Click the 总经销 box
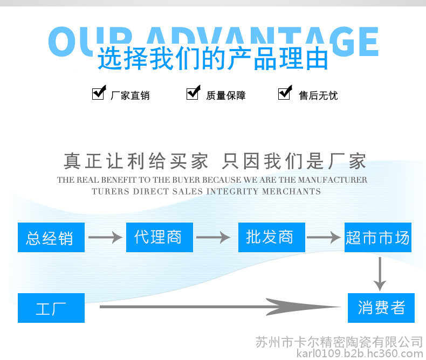[x=51, y=238]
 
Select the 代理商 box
[x=159, y=237]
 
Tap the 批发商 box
[x=271, y=237]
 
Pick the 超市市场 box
[x=378, y=237]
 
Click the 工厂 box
[x=51, y=308]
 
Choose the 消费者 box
[x=381, y=308]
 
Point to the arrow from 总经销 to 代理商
[x=105, y=237]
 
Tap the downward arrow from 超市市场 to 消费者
[x=381, y=274]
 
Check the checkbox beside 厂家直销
[x=98, y=93]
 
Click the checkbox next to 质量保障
[x=193, y=93]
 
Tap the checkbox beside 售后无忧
[x=284, y=93]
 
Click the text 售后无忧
[x=318, y=96]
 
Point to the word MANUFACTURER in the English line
[x=332, y=180]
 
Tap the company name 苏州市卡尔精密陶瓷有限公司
[x=339, y=342]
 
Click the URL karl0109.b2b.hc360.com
[x=360, y=354]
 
